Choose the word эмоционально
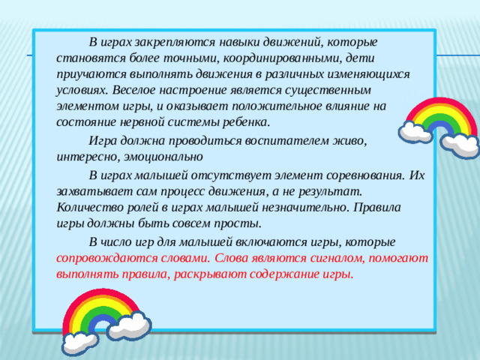point(163,158)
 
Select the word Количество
point(89,208)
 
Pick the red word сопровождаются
point(100,257)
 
